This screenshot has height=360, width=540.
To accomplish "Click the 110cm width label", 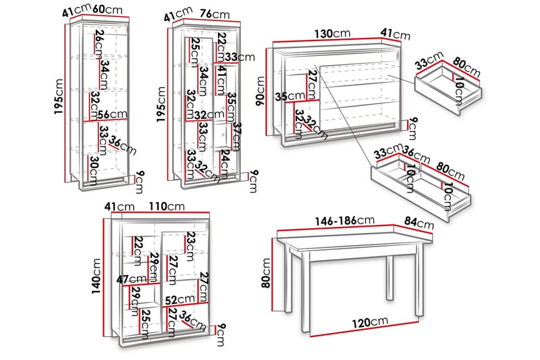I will pos(162,206).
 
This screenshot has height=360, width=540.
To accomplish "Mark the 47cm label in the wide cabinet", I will pos(131,279).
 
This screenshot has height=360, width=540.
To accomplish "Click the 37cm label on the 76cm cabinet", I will pos(237,136).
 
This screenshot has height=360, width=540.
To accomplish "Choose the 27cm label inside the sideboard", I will pos(312,83).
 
